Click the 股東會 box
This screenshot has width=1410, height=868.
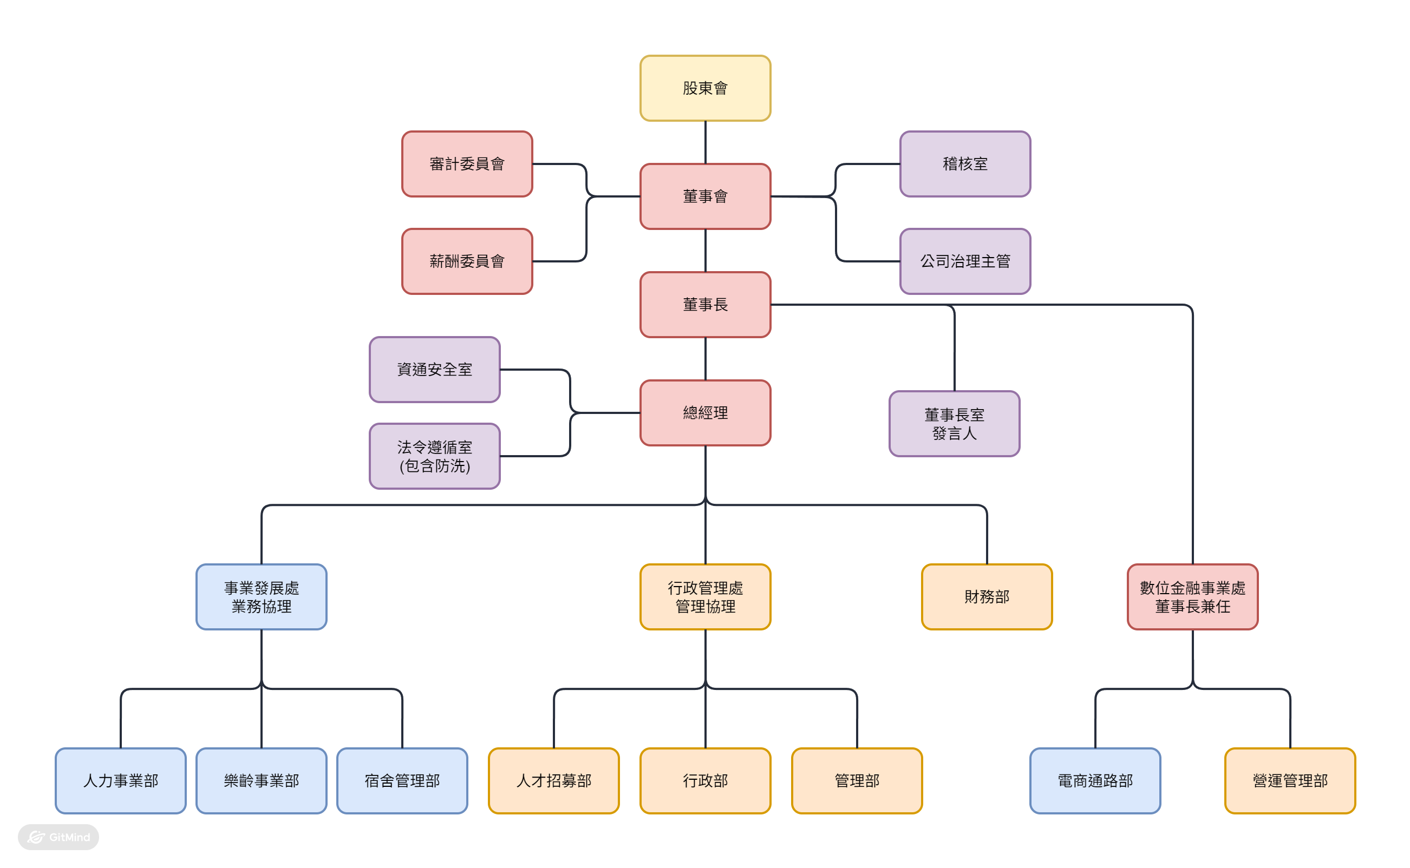[706, 88]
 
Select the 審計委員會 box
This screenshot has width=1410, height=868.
[467, 163]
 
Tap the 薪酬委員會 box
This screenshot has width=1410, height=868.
[467, 261]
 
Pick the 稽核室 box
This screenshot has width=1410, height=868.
[965, 163]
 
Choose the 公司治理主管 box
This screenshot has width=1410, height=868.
[965, 261]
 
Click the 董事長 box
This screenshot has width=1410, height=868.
[706, 304]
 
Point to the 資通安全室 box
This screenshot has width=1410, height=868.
[434, 369]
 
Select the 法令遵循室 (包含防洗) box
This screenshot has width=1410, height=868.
[434, 456]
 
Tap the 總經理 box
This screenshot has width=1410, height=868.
[706, 413]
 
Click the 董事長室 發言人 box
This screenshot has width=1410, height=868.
[954, 424]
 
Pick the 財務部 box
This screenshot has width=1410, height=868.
[987, 596]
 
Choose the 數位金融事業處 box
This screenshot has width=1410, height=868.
[1192, 596]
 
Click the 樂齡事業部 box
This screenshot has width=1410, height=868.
[262, 780]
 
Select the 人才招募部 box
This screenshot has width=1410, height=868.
[554, 780]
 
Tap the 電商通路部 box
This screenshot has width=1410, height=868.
[1095, 780]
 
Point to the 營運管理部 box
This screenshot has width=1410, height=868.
[1290, 780]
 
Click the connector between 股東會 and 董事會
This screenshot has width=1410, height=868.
[706, 142]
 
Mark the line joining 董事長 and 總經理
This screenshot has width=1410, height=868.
[706, 359]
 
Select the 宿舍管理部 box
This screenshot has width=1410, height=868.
[402, 780]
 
